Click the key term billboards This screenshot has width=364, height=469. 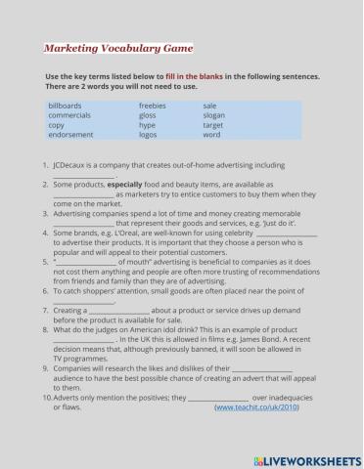point(65,105)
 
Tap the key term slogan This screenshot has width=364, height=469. point(215,115)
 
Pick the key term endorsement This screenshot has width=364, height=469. point(71,136)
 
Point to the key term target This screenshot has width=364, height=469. point(213,126)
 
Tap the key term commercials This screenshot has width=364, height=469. point(69,115)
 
